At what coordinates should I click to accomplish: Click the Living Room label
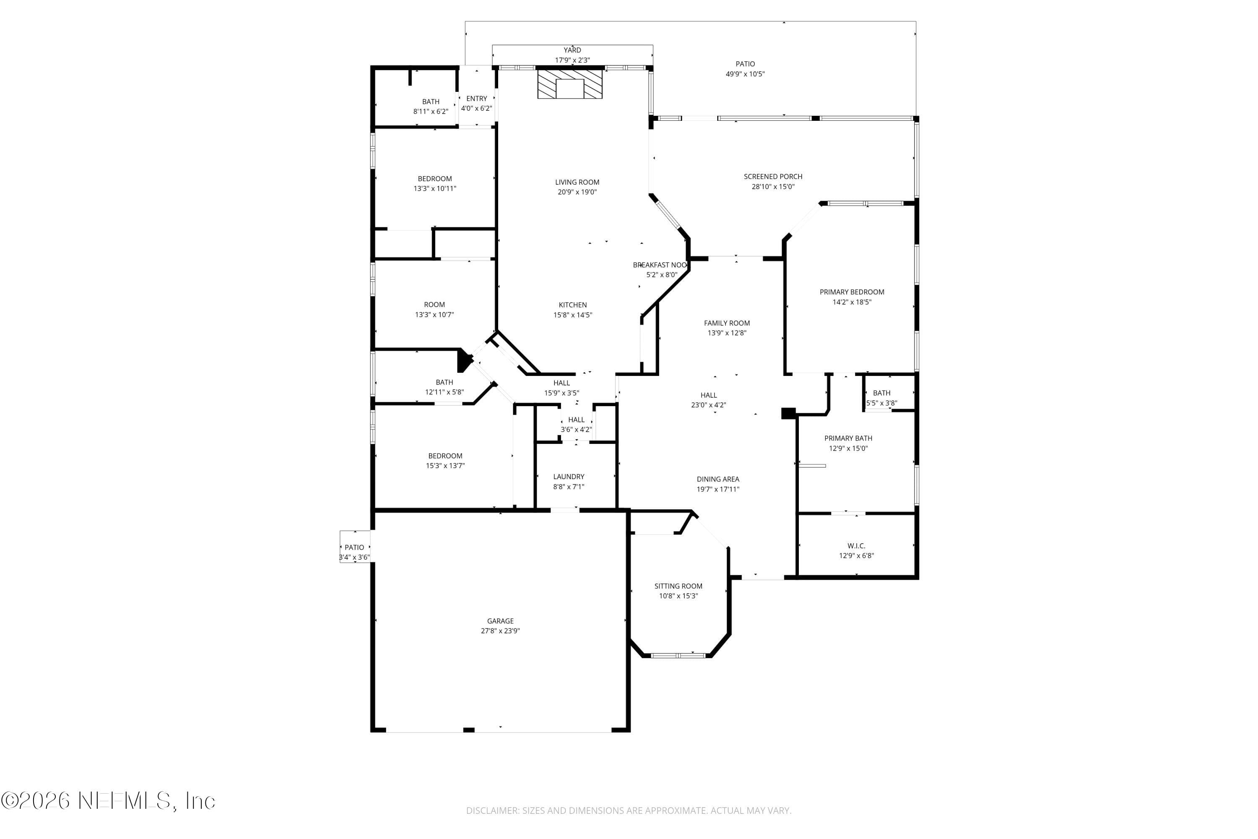click(x=577, y=182)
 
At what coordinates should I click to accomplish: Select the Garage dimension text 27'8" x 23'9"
click(x=500, y=631)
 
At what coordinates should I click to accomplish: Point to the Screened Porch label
click(x=773, y=177)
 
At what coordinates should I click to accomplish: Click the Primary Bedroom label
click(x=852, y=292)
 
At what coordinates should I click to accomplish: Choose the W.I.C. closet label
click(x=856, y=546)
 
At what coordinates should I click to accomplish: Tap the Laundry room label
click(x=569, y=477)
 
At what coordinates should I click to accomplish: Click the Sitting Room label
click(x=678, y=586)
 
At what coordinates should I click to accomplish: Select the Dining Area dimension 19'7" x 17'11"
click(x=718, y=489)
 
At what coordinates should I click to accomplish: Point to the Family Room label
click(x=727, y=323)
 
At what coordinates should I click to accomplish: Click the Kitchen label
click(x=573, y=305)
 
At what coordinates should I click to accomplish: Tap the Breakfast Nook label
click(x=660, y=265)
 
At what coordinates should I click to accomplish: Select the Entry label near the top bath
click(x=476, y=99)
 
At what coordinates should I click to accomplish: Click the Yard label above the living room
click(x=572, y=50)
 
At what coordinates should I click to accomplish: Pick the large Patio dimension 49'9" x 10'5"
click(x=745, y=74)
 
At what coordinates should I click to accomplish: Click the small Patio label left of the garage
click(x=354, y=547)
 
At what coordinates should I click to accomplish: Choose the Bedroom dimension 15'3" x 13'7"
click(x=445, y=466)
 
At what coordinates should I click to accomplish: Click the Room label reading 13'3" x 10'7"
click(x=434, y=305)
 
